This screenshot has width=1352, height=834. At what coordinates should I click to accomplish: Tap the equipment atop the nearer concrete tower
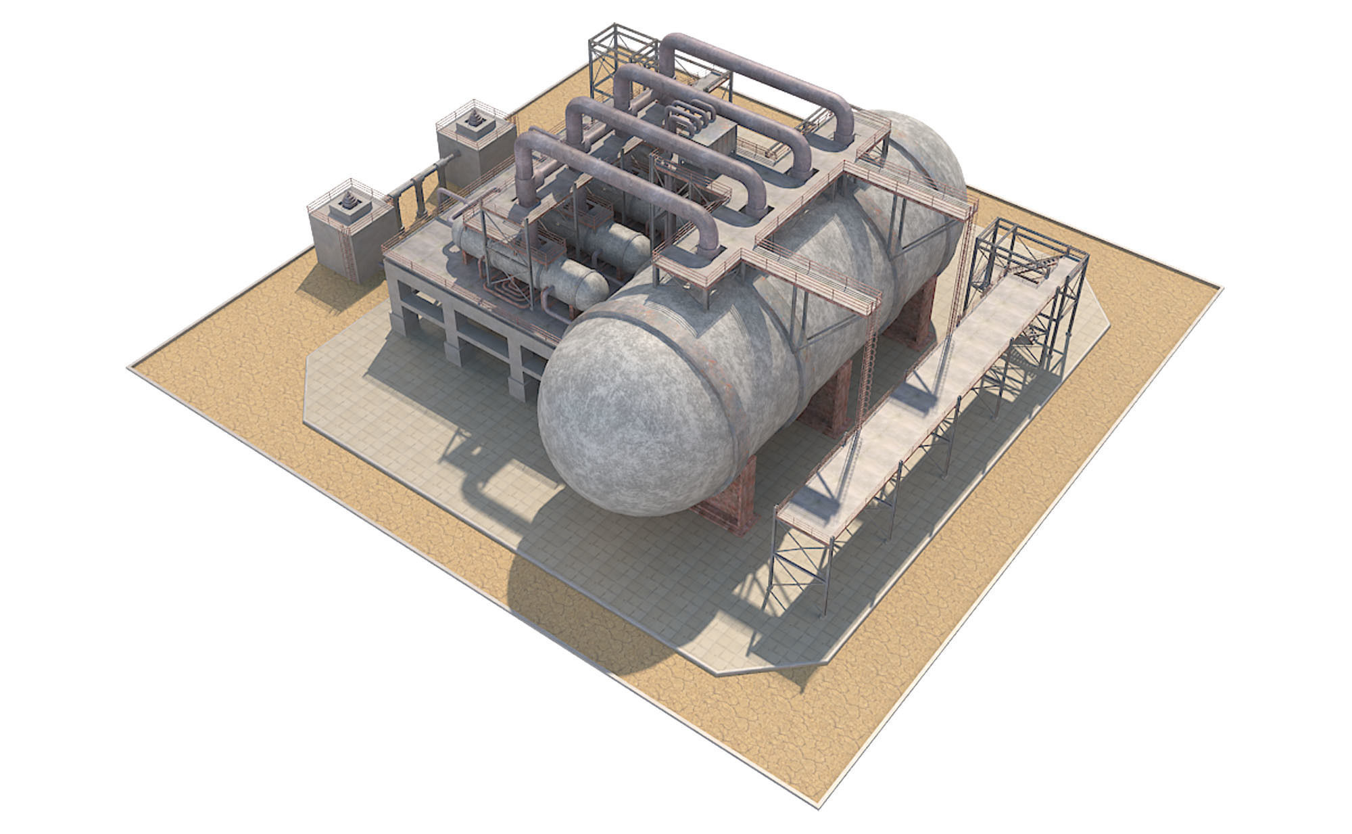coord(349,202)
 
